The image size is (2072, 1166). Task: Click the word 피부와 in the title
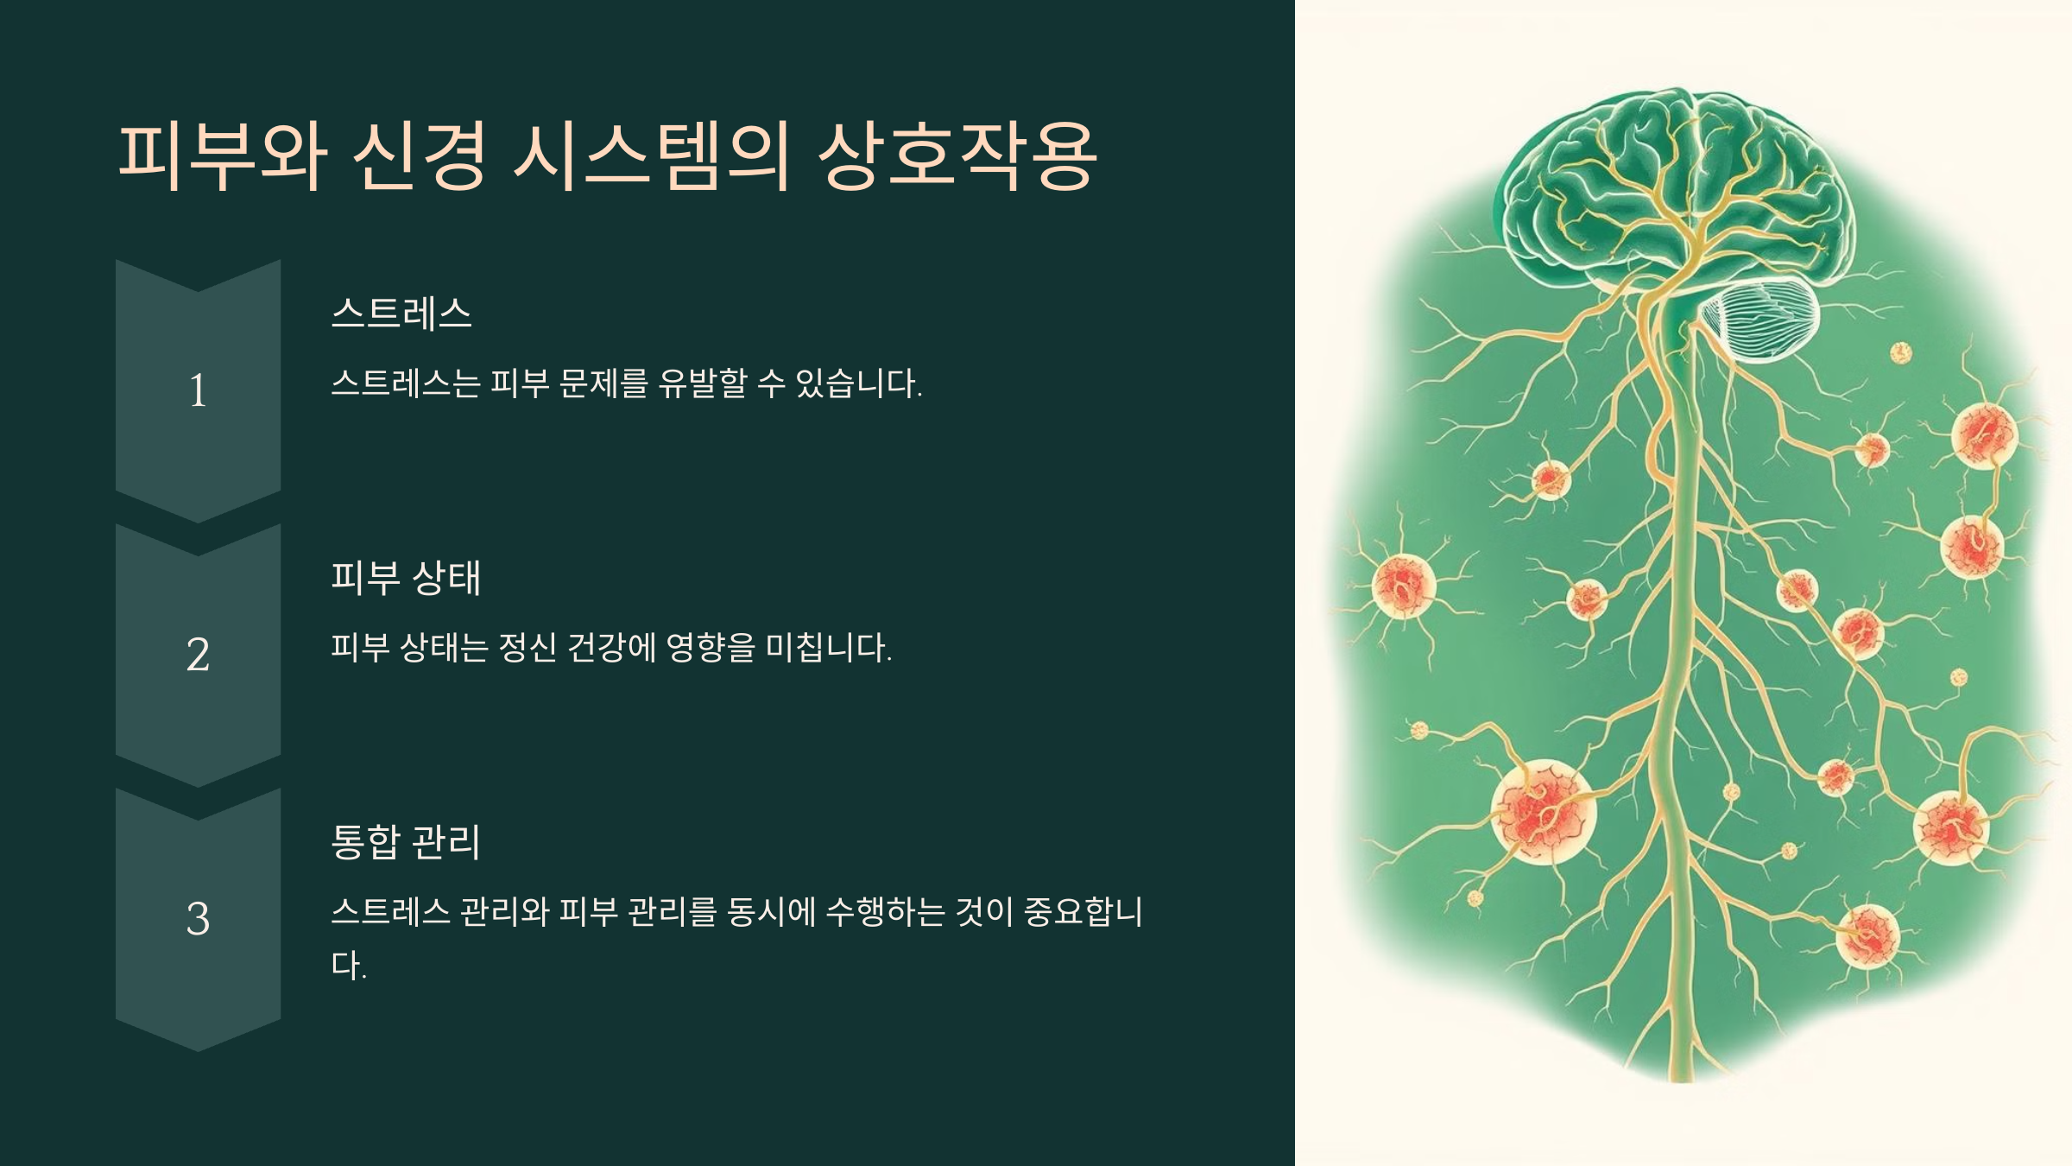[x=222, y=155]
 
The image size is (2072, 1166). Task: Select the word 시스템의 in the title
[x=651, y=155]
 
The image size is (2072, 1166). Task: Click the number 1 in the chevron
[x=198, y=390]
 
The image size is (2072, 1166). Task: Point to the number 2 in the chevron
[x=198, y=654]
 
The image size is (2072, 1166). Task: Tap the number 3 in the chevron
[x=198, y=918]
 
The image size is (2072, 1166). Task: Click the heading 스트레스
[x=401, y=313]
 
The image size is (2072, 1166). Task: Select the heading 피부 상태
[x=406, y=577]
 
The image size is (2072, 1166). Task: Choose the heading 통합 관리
[x=406, y=841]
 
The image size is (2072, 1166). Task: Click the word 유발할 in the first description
[x=702, y=383]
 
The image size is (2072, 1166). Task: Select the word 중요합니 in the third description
[x=1083, y=912]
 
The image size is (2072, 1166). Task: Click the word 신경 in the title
[x=419, y=155]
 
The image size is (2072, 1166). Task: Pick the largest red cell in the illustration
[x=1543, y=810]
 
